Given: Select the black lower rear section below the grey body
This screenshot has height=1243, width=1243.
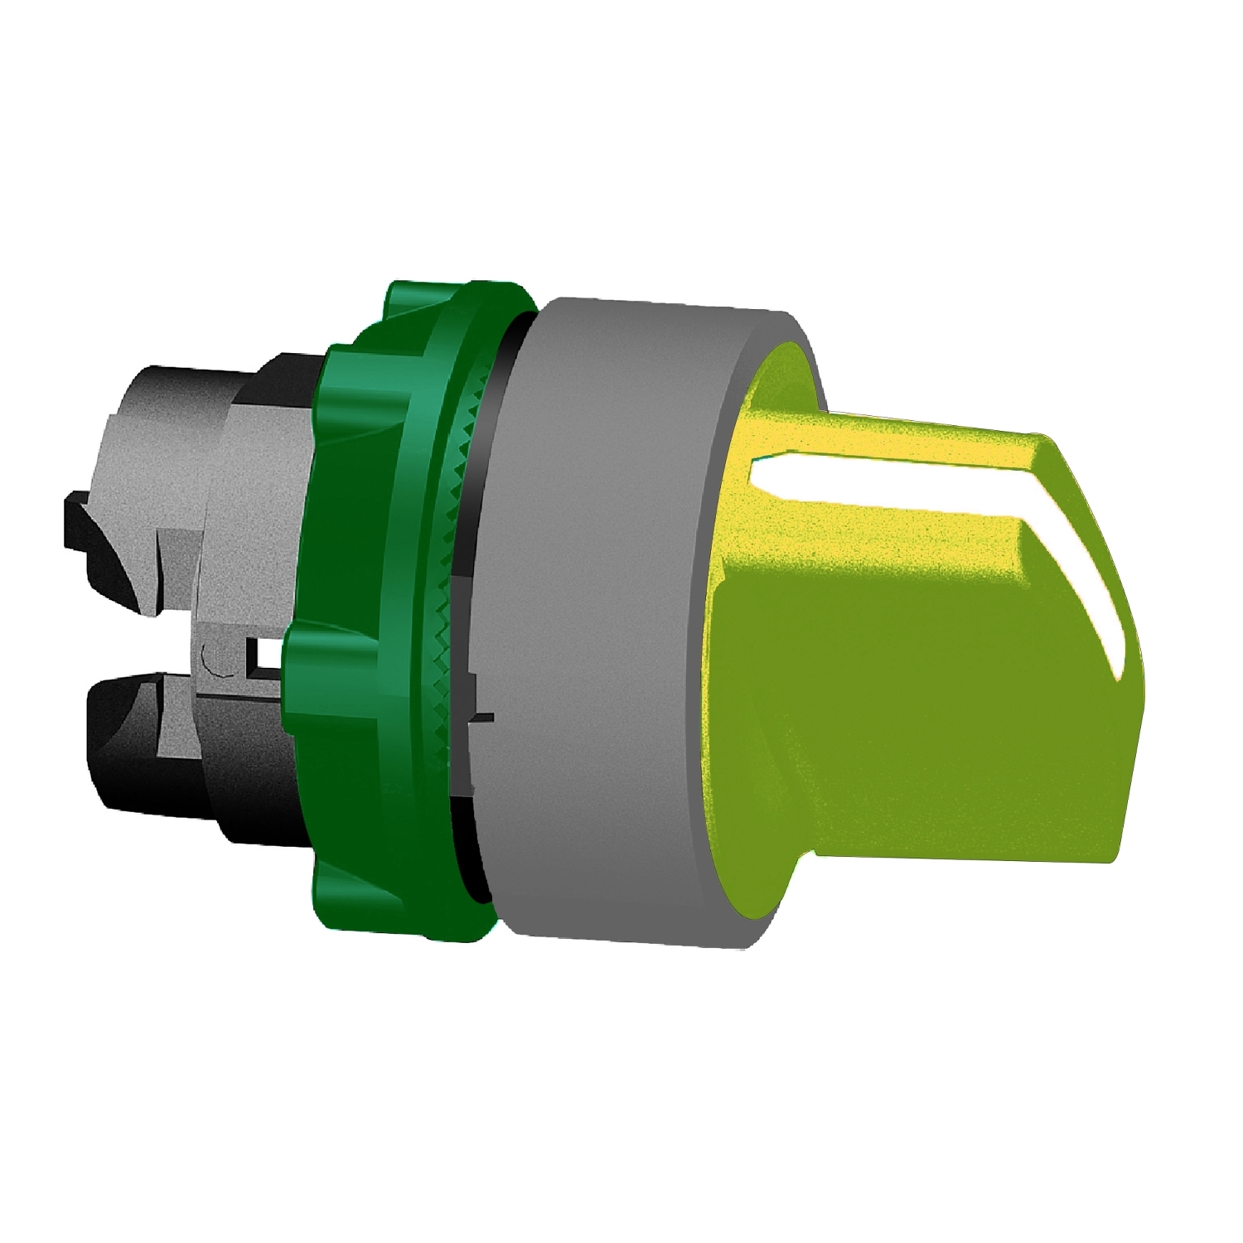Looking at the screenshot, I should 207,787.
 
